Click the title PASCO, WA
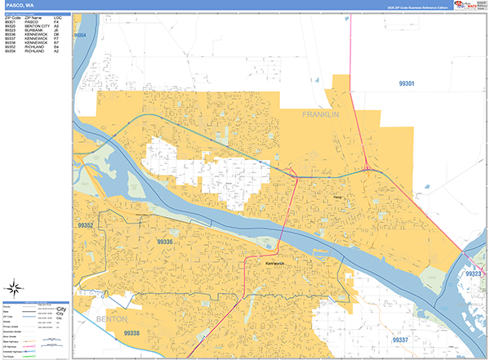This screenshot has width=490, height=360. (x=19, y=6)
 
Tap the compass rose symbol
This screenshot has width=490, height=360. (x=14, y=287)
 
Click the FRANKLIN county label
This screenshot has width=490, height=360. (x=320, y=115)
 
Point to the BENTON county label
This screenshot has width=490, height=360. (x=112, y=318)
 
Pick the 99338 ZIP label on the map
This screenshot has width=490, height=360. (x=131, y=333)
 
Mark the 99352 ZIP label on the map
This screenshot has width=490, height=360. (x=87, y=224)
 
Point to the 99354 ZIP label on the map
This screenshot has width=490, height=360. (x=79, y=36)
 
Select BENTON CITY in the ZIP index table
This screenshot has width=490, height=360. (x=37, y=25)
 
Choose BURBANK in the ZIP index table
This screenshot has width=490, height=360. (x=32, y=29)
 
